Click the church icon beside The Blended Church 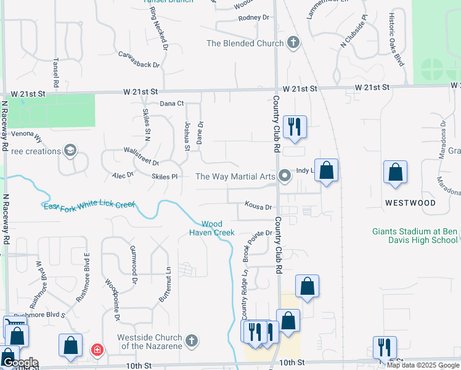pyautogui.click(x=293, y=43)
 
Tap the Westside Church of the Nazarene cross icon pyautogui.click(x=192, y=340)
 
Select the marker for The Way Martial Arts pyautogui.click(x=284, y=176)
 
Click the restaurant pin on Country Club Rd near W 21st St pyautogui.click(x=295, y=127)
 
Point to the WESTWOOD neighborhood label pyautogui.click(x=410, y=203)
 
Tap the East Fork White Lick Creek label pyautogui.click(x=89, y=206)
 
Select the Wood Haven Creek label pyautogui.click(x=215, y=228)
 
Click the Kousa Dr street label pyautogui.click(x=258, y=207)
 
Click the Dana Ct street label pyautogui.click(x=172, y=104)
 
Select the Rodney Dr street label pyautogui.click(x=254, y=18)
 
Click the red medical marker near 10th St pyautogui.click(x=97, y=350)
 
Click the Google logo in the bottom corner pyautogui.click(x=20, y=363)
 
